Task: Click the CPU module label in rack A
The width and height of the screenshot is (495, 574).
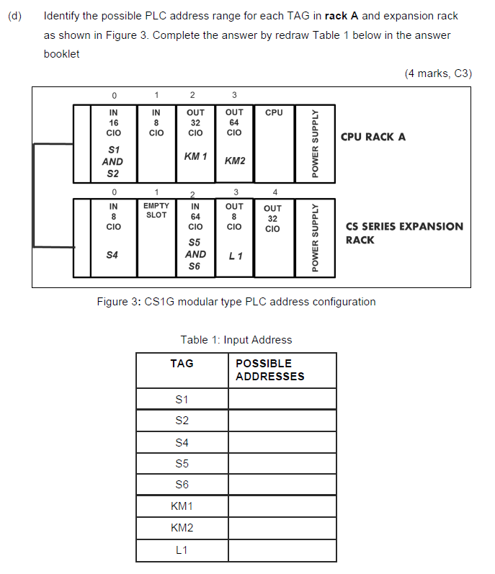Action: click(274, 112)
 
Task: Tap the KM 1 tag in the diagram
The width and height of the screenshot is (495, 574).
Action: click(195, 156)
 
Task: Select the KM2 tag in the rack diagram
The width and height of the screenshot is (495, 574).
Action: click(234, 161)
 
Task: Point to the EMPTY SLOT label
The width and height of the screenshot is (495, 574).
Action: click(156, 210)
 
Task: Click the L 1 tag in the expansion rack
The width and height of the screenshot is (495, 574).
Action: click(235, 256)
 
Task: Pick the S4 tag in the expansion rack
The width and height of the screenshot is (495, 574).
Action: click(112, 254)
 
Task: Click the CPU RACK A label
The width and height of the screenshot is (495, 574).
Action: click(373, 137)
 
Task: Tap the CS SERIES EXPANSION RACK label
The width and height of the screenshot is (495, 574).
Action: click(404, 233)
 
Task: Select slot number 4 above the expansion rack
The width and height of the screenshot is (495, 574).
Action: click(274, 192)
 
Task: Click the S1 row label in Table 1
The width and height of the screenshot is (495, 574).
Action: click(182, 398)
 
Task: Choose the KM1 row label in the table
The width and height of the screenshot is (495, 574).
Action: click(182, 506)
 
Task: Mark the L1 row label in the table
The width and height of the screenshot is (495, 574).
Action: click(182, 550)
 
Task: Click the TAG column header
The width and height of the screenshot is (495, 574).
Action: click(182, 364)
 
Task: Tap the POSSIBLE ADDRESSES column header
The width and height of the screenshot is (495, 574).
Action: click(270, 369)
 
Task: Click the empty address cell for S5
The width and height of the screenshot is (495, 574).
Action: click(282, 463)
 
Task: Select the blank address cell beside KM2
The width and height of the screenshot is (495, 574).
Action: click(282, 528)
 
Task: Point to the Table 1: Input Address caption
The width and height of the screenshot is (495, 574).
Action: click(236, 340)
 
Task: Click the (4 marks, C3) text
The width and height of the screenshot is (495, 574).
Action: click(439, 73)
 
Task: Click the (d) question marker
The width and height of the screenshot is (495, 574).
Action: click(15, 16)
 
